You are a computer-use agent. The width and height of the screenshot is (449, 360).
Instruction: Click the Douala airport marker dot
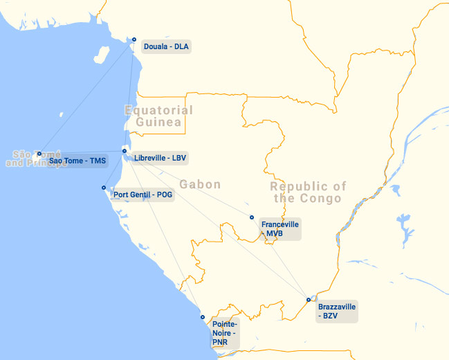click(x=134, y=39)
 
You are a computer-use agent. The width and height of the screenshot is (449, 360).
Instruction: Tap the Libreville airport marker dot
click(x=125, y=151)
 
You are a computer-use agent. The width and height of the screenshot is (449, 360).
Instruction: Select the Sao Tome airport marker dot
click(x=39, y=154)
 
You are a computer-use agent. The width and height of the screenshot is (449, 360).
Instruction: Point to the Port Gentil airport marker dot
click(x=104, y=188)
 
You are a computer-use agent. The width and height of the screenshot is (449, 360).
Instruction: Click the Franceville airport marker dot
click(x=252, y=217)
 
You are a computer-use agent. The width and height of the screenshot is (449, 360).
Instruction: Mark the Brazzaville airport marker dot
click(x=309, y=300)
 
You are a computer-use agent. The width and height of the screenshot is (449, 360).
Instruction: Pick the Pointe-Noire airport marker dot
click(x=203, y=317)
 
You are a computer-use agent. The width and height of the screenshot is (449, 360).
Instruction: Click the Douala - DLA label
click(x=165, y=47)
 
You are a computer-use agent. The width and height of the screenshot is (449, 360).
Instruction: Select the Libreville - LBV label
click(x=160, y=158)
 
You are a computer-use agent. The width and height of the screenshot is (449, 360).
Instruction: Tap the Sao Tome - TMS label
click(x=77, y=161)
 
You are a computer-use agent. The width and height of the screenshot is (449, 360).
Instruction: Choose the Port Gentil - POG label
click(x=143, y=195)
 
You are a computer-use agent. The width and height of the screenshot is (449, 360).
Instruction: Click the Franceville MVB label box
click(x=280, y=229)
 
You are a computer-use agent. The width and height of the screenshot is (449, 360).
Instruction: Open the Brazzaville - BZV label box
click(x=336, y=311)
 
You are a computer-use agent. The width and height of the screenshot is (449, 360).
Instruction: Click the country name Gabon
click(x=200, y=184)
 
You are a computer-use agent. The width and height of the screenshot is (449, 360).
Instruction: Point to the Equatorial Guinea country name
click(x=158, y=116)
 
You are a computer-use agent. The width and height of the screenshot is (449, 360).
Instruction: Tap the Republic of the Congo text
click(x=308, y=192)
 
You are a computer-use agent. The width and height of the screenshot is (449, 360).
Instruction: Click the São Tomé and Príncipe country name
click(x=35, y=159)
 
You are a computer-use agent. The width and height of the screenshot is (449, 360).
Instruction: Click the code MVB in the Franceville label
click(x=275, y=234)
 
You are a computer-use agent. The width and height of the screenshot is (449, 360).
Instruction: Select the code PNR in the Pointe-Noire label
click(x=221, y=342)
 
